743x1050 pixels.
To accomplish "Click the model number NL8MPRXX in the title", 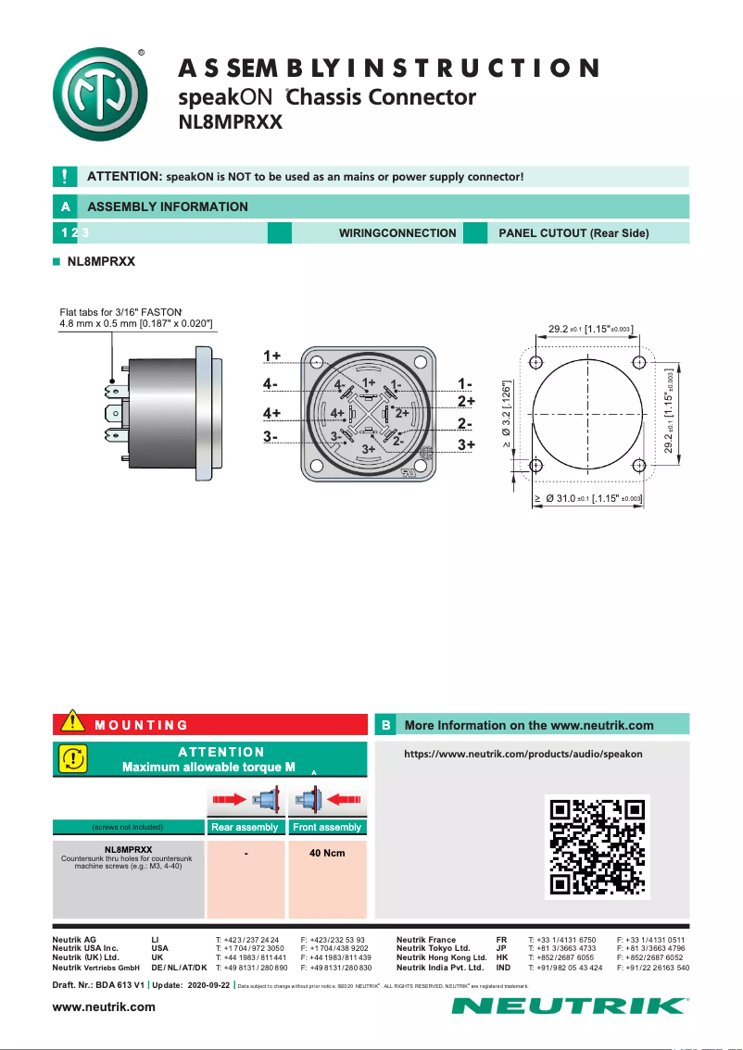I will click(230, 121).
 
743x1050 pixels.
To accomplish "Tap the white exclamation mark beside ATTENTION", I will click(64, 176).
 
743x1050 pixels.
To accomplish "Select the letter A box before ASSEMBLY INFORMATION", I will click(64, 206).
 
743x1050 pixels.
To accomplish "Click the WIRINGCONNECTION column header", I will click(397, 233).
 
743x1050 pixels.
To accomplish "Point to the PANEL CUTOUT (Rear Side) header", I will click(573, 233).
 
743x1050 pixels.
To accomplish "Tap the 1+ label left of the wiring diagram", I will click(271, 356).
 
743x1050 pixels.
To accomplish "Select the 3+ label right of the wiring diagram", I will click(465, 445).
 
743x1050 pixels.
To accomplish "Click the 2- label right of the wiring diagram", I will click(465, 424).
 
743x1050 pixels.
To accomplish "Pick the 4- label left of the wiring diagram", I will click(271, 383).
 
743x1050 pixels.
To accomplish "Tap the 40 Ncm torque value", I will click(326, 853).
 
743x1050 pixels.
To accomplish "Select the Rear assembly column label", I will click(245, 827).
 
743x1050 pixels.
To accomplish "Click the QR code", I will click(596, 846).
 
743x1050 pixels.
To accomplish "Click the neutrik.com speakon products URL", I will click(523, 754).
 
